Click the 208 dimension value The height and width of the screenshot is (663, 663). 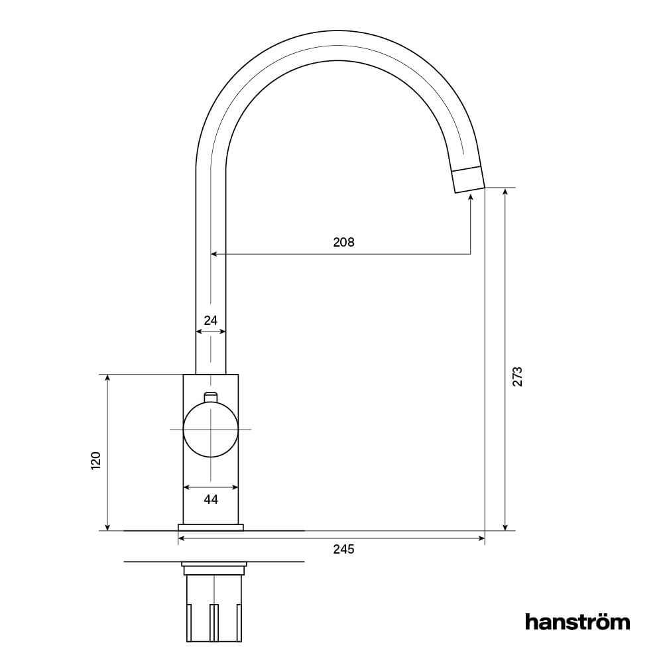pyautogui.click(x=343, y=242)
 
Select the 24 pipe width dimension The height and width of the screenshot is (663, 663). pyautogui.click(x=211, y=320)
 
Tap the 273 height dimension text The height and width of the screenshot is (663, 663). pyautogui.click(x=518, y=376)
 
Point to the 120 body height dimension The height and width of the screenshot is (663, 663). pyautogui.click(x=95, y=460)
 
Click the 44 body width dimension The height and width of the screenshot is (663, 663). pyautogui.click(x=211, y=499)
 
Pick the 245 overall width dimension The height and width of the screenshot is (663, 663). pyautogui.click(x=343, y=549)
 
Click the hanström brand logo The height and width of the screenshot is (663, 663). pyautogui.click(x=577, y=622)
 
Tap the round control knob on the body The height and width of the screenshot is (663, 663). pyautogui.click(x=211, y=430)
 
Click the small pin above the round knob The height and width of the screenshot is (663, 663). pyautogui.click(x=211, y=396)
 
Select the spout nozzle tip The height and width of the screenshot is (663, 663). pyautogui.click(x=468, y=178)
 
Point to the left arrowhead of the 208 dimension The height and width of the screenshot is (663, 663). pyautogui.click(x=214, y=254)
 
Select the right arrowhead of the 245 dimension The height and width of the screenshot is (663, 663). pyautogui.click(x=481, y=538)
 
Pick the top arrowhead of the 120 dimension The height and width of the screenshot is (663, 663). pyautogui.click(x=107, y=379)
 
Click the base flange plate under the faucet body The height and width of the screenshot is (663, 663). pyautogui.click(x=211, y=528)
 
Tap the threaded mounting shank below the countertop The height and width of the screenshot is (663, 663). pyautogui.click(x=214, y=607)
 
